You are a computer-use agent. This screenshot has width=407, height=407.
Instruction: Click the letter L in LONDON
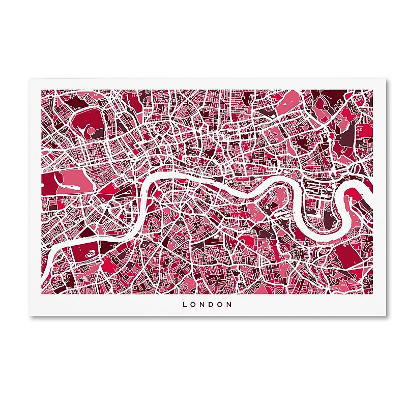185,305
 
